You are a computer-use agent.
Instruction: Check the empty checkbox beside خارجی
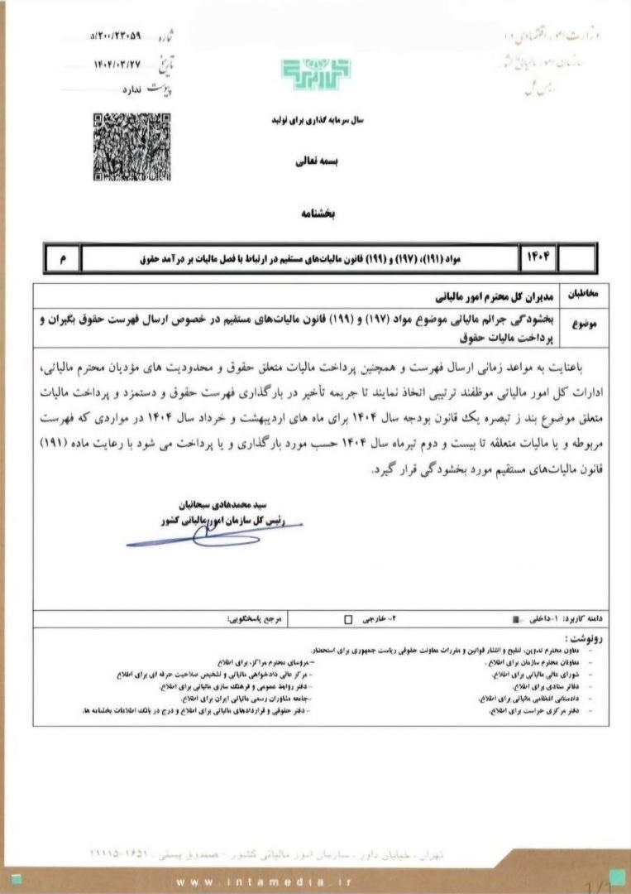point(347,618)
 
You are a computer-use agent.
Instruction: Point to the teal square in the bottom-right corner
point(616,877)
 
